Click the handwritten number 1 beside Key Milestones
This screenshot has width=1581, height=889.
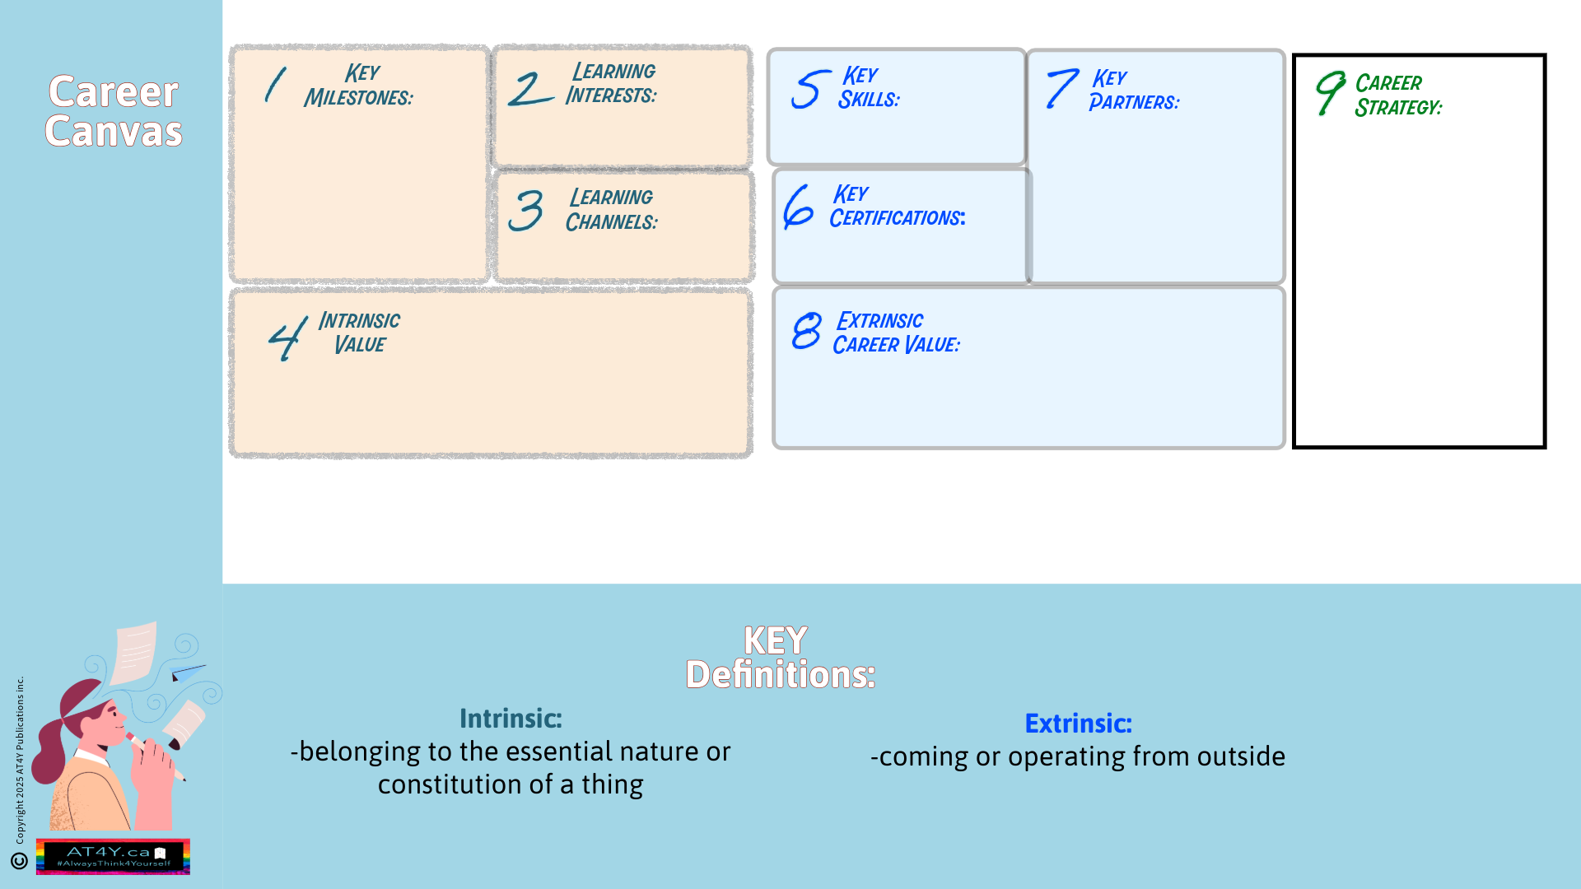pyautogui.click(x=275, y=85)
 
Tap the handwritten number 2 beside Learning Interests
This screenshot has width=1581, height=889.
pyautogui.click(x=529, y=89)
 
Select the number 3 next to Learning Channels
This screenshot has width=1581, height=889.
pyautogui.click(x=525, y=211)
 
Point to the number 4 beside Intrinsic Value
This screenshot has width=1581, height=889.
pyautogui.click(x=287, y=337)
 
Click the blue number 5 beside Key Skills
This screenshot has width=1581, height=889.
pyautogui.click(x=809, y=89)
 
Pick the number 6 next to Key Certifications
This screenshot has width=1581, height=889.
pyautogui.click(x=798, y=207)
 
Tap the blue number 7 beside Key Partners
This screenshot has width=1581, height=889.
pyautogui.click(x=1061, y=89)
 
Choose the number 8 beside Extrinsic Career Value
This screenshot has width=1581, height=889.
pyautogui.click(x=806, y=331)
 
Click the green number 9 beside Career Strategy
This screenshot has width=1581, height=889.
pyautogui.click(x=1330, y=92)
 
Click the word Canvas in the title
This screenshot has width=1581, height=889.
pyautogui.click(x=114, y=132)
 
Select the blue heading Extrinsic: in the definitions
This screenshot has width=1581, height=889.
pyautogui.click(x=1078, y=724)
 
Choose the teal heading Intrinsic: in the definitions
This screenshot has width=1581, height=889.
pyautogui.click(x=511, y=719)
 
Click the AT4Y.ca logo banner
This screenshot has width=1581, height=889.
pyautogui.click(x=113, y=856)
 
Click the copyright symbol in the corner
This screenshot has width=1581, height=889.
pyautogui.click(x=19, y=861)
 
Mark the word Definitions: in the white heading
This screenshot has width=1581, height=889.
pyautogui.click(x=780, y=675)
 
